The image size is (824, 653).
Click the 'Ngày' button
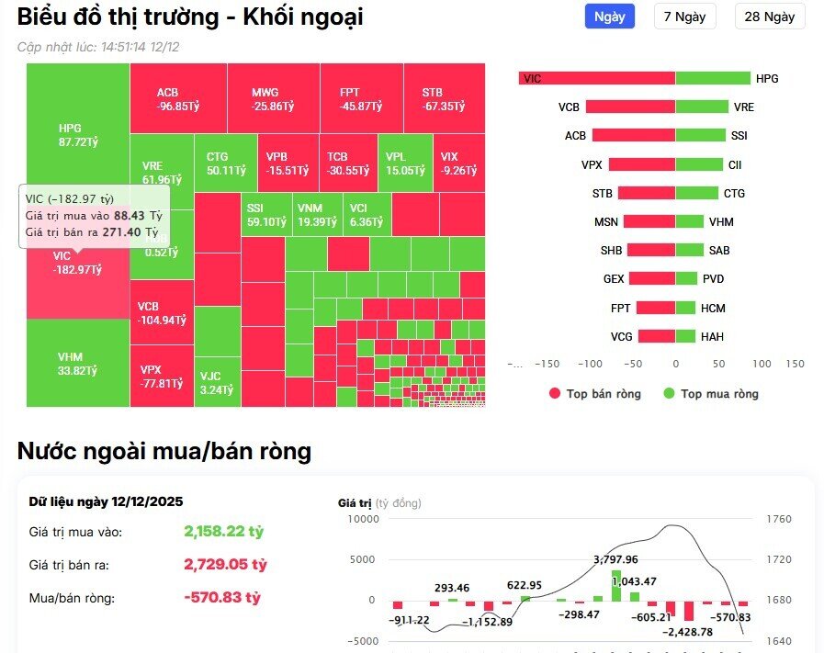(609, 17)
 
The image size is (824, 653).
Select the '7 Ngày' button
(684, 17)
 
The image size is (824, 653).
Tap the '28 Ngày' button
(770, 17)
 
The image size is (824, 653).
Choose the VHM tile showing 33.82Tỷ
(77, 364)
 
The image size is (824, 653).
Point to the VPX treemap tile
(161, 376)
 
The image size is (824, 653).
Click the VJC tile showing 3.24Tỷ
(217, 382)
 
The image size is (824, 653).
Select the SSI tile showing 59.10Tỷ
(266, 215)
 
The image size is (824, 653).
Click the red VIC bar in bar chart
(597, 79)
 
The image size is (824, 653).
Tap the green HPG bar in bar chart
(712, 79)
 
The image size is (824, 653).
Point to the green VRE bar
(702, 107)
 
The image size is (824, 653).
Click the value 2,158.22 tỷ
(223, 532)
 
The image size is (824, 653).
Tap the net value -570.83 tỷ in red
(222, 598)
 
